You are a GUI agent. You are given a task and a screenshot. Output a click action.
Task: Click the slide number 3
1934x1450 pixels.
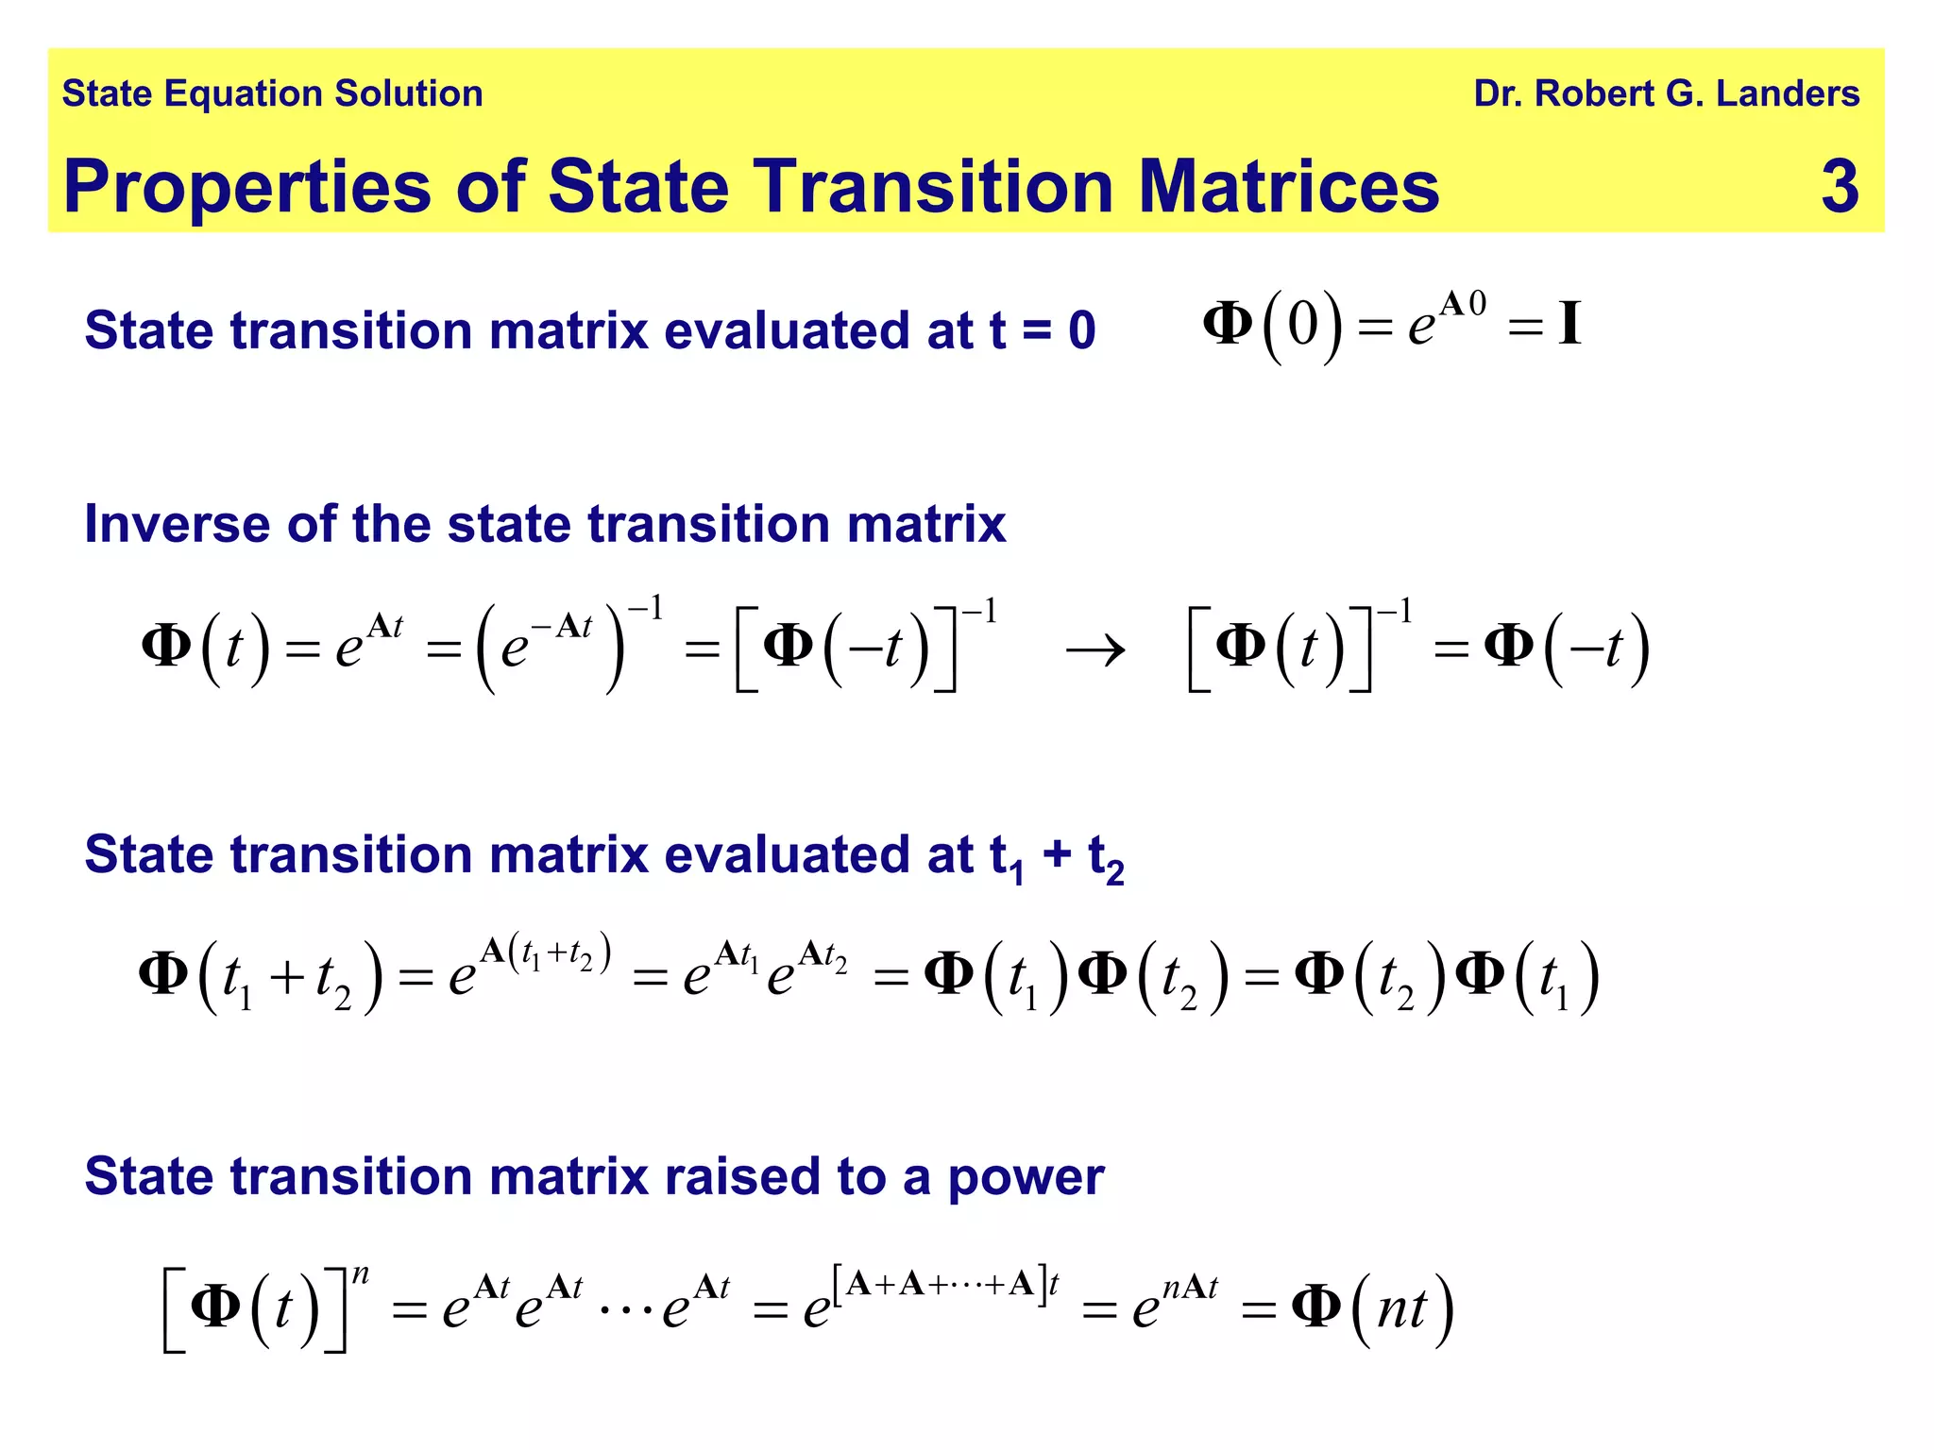1840,186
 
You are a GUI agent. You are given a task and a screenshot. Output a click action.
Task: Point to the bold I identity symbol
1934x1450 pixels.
1569,325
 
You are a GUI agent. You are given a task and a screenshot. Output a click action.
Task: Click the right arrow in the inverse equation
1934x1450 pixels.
1095,650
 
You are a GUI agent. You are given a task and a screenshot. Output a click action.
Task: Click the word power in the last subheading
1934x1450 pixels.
1026,1178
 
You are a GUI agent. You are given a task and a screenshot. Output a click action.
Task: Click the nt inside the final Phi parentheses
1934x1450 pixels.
1401,1310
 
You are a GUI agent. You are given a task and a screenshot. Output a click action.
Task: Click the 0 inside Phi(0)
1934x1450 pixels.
1302,326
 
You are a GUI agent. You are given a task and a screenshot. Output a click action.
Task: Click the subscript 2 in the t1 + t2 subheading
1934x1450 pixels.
1114,873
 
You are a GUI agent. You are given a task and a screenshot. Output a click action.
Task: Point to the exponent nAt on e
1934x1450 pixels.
1190,1287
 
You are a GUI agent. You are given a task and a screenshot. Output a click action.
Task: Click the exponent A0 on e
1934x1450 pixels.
1463,304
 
